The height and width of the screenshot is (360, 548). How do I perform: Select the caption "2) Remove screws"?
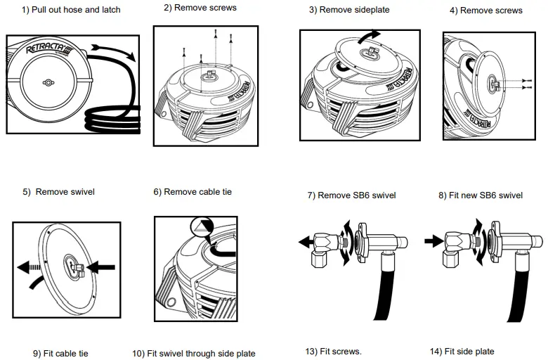(x=200, y=8)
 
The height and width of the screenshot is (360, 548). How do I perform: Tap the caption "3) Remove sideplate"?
(x=349, y=10)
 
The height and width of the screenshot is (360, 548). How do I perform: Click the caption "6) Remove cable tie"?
(x=193, y=191)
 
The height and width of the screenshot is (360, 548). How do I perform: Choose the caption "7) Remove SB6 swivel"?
(x=351, y=195)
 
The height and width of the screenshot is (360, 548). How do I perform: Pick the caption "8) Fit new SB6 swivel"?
(x=480, y=195)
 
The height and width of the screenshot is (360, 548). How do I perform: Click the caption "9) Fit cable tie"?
(x=60, y=353)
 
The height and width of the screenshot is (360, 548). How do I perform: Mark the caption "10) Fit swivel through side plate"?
(x=194, y=353)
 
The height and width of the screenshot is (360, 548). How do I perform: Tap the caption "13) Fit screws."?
(x=333, y=351)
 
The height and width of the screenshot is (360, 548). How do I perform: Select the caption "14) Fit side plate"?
(x=462, y=351)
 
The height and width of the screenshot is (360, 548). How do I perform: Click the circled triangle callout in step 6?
(x=200, y=226)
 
